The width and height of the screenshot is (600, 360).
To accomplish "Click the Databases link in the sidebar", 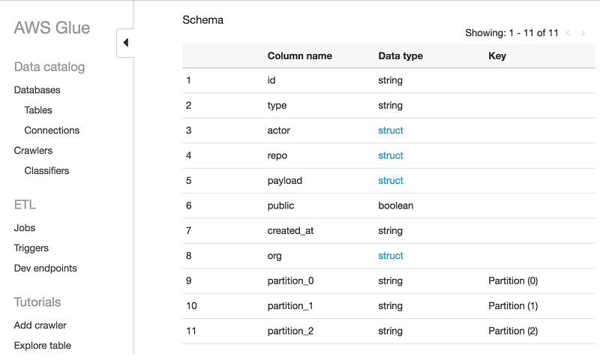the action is click(37, 90).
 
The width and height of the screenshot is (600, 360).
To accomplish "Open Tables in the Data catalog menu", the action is click(38, 110).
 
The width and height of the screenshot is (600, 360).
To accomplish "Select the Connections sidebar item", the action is click(52, 130).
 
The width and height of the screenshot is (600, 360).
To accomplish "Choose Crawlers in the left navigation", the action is click(33, 151).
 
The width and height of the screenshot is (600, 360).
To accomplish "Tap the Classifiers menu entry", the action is click(46, 171).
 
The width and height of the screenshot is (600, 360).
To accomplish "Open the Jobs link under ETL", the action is click(25, 228).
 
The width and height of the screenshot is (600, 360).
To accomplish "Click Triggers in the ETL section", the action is click(31, 248).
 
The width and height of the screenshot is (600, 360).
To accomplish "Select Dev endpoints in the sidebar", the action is click(45, 268).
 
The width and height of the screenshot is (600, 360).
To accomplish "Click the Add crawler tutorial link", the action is click(40, 325).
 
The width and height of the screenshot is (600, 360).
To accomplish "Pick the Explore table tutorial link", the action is click(43, 346).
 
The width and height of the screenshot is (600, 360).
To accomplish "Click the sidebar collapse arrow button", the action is click(125, 43).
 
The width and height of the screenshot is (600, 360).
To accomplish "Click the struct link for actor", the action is click(391, 130).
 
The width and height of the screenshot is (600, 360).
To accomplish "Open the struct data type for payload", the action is click(391, 181).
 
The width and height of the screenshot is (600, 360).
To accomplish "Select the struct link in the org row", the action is click(391, 256).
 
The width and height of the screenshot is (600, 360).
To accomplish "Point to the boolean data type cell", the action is click(396, 205).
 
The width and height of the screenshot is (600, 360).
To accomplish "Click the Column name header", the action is click(299, 56).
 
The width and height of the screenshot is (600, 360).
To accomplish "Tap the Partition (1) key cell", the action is click(513, 306).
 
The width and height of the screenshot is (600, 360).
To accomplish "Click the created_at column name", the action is click(290, 231).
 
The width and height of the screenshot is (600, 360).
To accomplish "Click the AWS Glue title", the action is click(52, 28).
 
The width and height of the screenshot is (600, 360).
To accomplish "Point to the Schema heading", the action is click(203, 20).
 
